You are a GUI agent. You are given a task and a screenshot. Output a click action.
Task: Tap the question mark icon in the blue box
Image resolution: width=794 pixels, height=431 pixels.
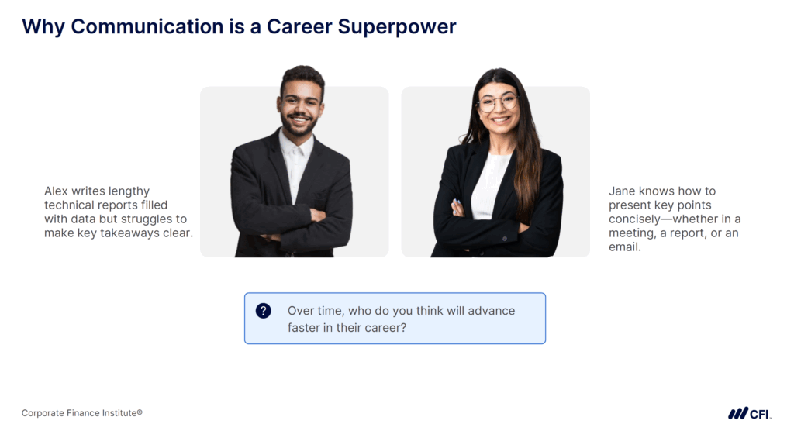(x=264, y=311)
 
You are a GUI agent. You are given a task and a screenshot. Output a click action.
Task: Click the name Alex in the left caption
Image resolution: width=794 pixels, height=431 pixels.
(x=56, y=191)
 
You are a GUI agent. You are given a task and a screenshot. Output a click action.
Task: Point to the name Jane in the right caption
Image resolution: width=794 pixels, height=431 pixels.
(x=622, y=191)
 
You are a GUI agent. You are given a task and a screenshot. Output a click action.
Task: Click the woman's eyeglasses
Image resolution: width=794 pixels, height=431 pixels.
(x=498, y=102)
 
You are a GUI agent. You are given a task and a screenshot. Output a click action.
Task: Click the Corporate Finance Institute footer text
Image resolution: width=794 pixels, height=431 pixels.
(x=81, y=413)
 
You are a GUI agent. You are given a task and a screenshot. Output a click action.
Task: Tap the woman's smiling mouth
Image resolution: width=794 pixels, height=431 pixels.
(x=500, y=119)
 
